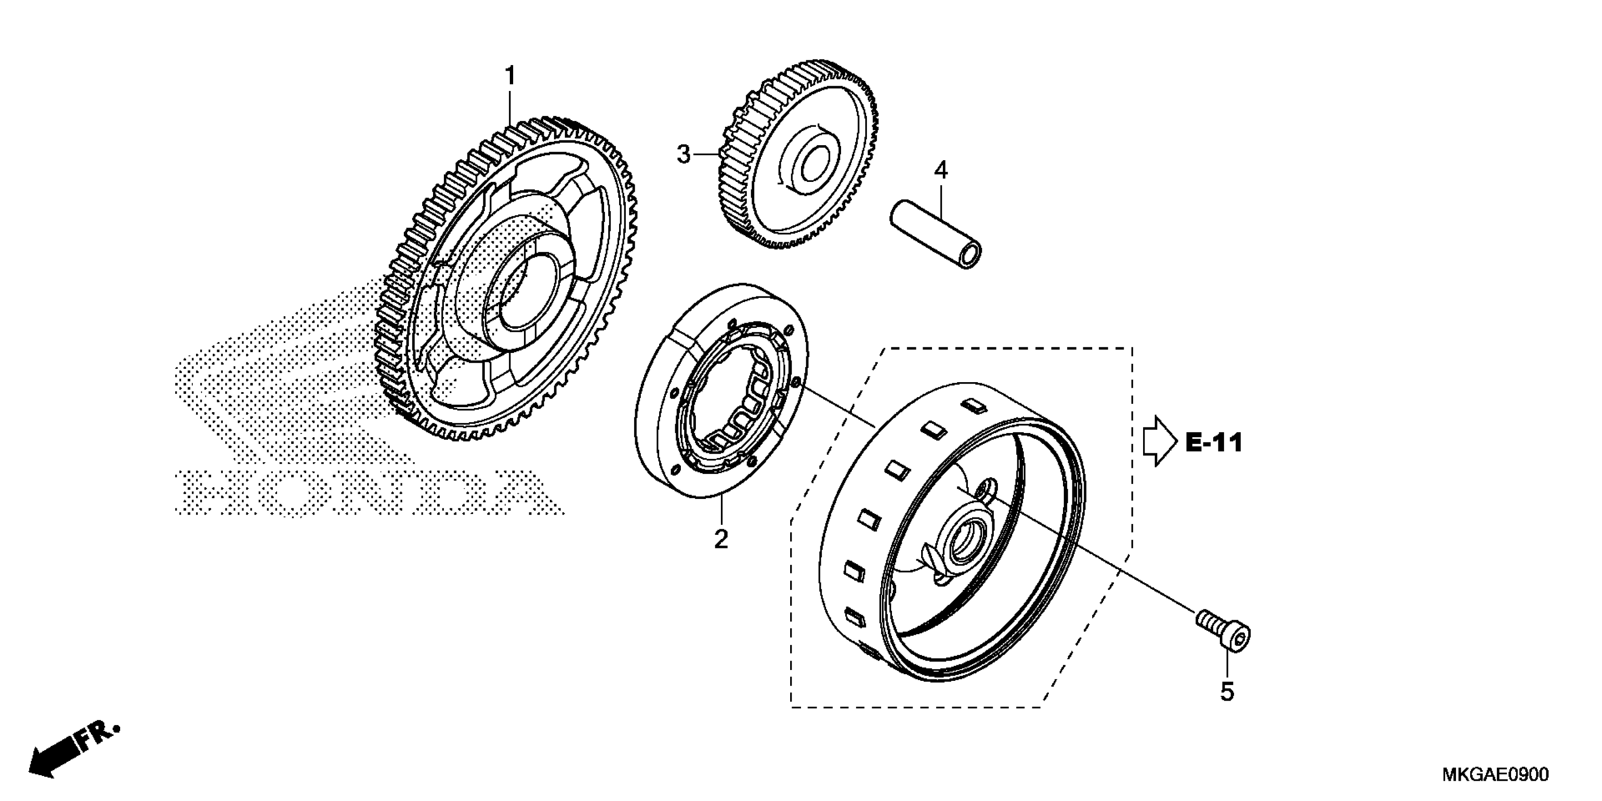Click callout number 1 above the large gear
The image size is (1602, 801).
(x=510, y=76)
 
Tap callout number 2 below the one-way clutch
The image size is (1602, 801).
(x=721, y=539)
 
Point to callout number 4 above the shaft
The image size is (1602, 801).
(x=941, y=170)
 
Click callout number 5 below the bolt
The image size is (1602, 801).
(x=1226, y=692)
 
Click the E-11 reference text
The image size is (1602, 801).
(x=1213, y=443)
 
